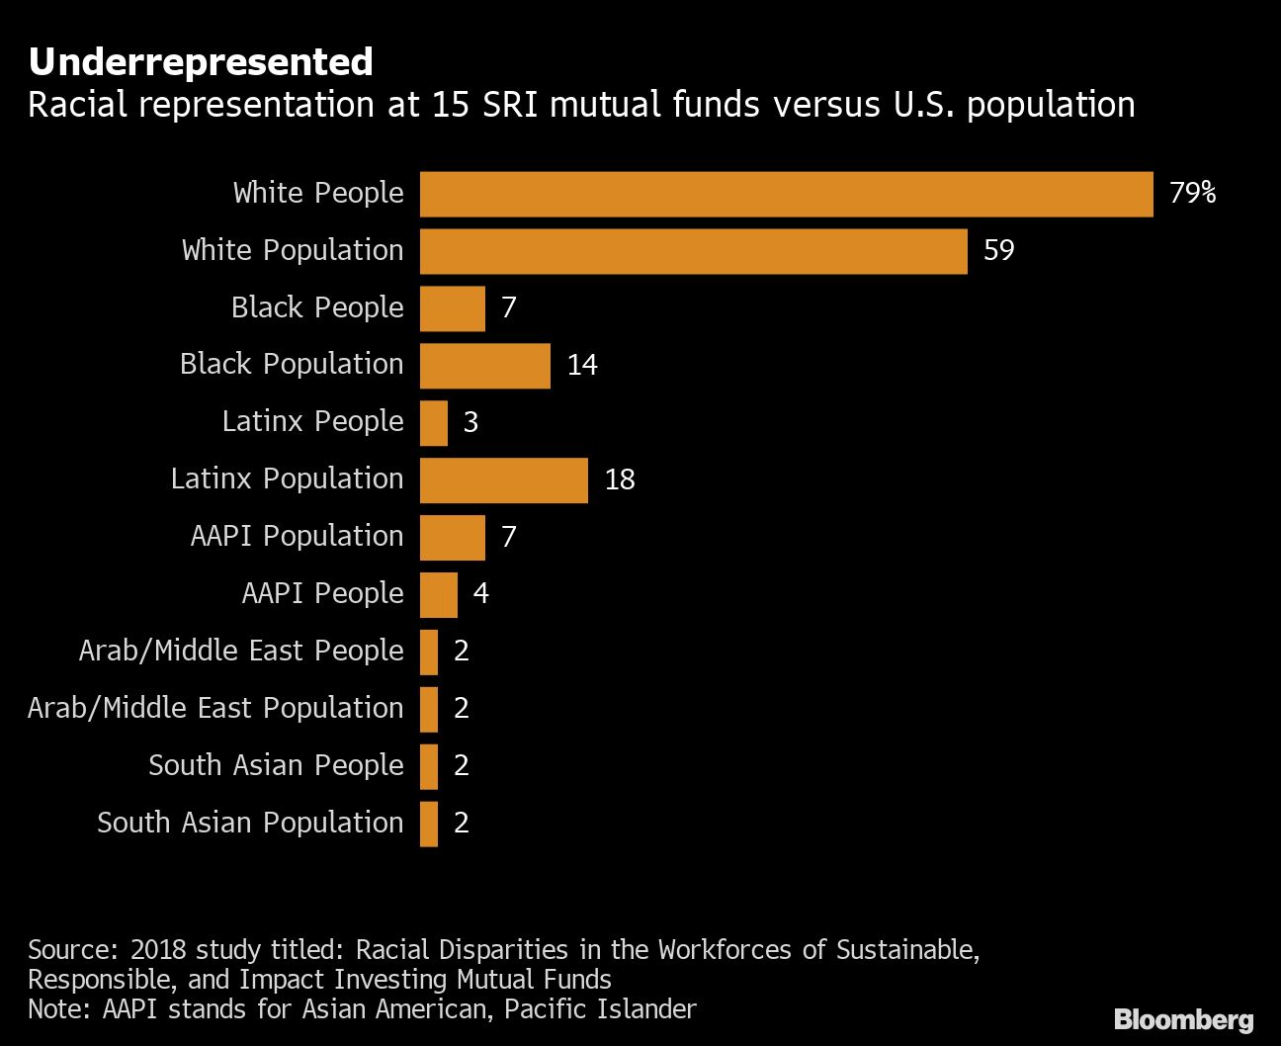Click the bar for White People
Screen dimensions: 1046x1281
(x=786, y=194)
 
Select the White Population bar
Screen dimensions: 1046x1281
(x=693, y=251)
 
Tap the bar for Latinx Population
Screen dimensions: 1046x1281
(x=503, y=480)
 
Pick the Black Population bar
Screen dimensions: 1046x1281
(x=484, y=366)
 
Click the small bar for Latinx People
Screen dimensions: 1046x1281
(x=433, y=423)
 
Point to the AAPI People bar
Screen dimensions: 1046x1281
(x=438, y=595)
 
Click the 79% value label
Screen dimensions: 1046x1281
(x=1192, y=193)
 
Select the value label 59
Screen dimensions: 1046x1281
(x=998, y=250)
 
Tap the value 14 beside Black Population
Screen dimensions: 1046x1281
(x=582, y=365)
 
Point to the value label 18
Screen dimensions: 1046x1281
(x=620, y=479)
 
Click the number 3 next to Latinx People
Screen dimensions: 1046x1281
(x=470, y=422)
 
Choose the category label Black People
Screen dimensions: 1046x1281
(x=317, y=307)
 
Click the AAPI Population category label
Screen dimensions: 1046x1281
(x=297, y=536)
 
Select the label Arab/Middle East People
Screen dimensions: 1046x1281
(x=241, y=651)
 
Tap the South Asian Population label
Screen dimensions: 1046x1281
(x=250, y=823)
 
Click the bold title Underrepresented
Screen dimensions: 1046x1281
(x=201, y=62)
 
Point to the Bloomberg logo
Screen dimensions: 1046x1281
(x=1183, y=1019)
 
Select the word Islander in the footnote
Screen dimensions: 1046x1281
(x=647, y=1009)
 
